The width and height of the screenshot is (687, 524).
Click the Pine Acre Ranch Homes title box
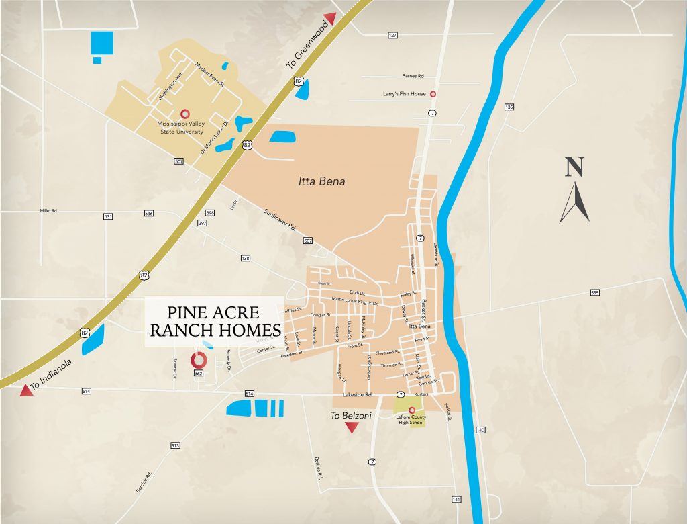pos(215,321)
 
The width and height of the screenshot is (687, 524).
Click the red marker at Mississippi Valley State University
pos(184,114)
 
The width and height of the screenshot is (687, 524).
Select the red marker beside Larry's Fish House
pos(433,94)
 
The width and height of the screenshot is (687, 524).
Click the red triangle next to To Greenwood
pos(329,18)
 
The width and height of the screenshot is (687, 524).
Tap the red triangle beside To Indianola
pos(25,389)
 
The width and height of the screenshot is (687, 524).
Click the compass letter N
pos(574,167)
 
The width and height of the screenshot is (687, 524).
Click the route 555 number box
pos(594,292)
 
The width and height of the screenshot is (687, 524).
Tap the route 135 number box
pos(509,107)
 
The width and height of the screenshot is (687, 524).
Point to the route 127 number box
pos(392,34)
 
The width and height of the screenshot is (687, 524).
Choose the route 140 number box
pos(480,429)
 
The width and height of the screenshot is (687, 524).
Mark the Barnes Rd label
pos(413,77)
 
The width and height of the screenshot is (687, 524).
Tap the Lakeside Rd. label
pos(360,395)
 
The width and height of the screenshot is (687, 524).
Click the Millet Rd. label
pos(49,210)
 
